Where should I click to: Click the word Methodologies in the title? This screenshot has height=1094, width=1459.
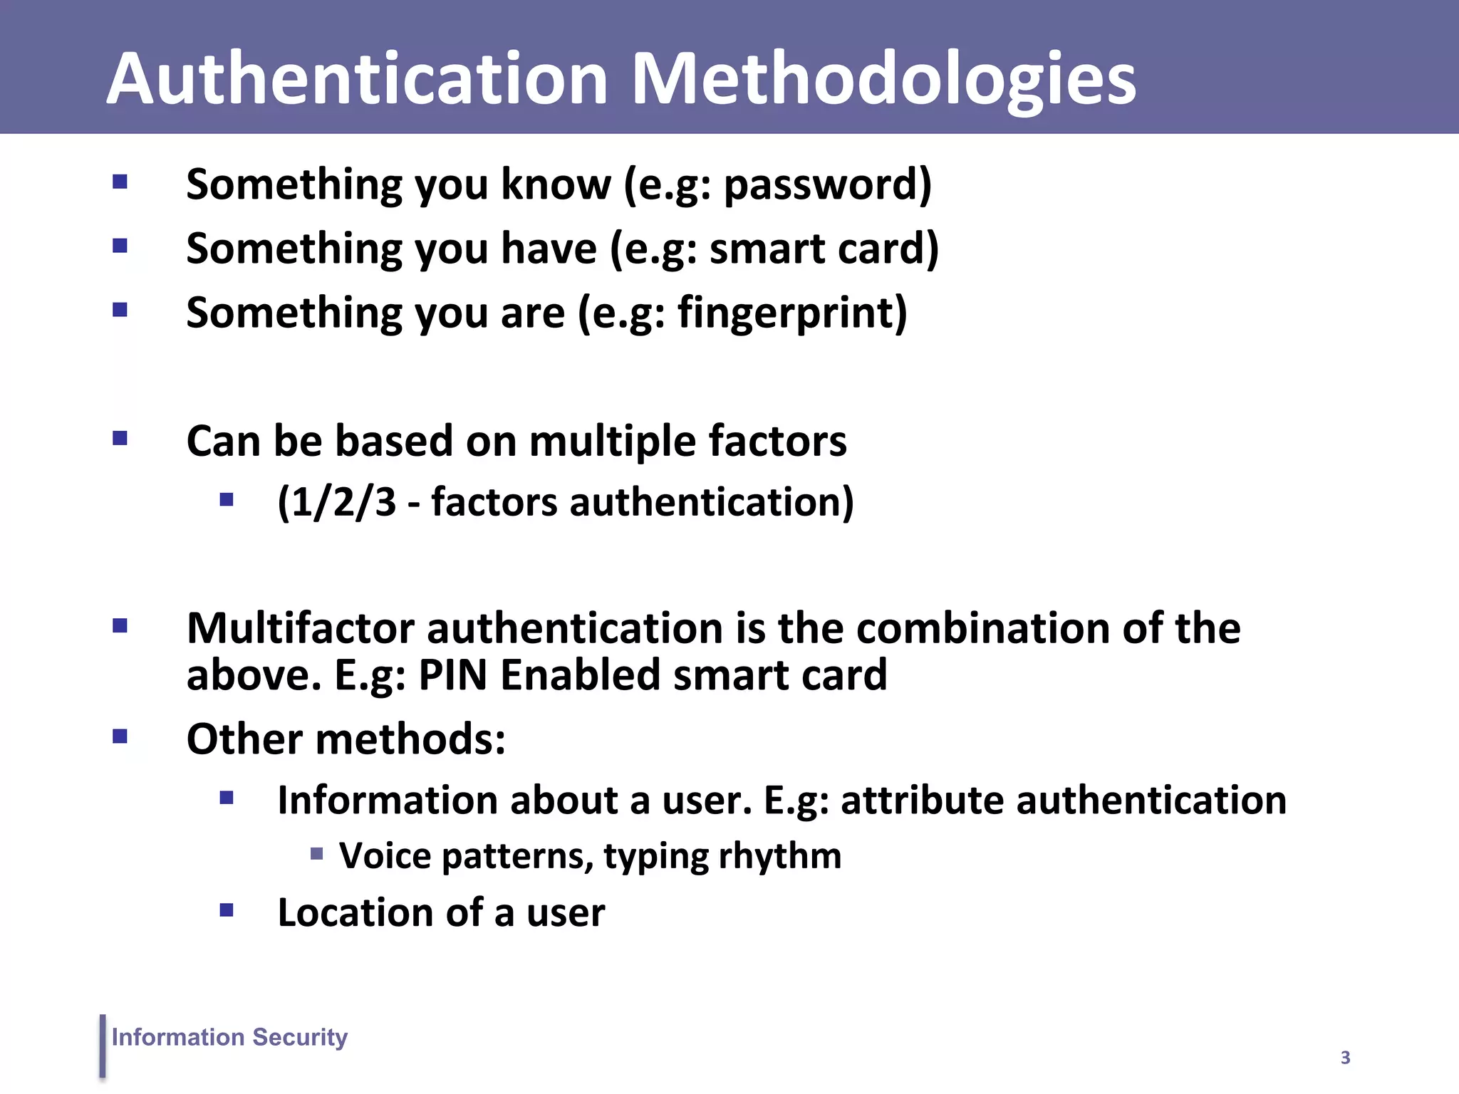[x=883, y=80]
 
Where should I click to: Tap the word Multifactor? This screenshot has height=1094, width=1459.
[x=300, y=628]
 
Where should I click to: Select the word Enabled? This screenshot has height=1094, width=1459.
[x=580, y=675]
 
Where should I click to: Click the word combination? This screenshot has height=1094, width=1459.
[x=983, y=628]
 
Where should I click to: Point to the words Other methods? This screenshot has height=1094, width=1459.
[x=346, y=739]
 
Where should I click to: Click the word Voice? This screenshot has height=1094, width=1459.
[x=385, y=855]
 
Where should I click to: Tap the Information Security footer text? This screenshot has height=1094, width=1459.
[x=229, y=1037]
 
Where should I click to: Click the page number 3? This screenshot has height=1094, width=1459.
[x=1345, y=1058]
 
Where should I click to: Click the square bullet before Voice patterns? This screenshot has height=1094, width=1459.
[x=317, y=853]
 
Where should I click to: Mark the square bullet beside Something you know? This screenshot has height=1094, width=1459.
[x=120, y=182]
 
